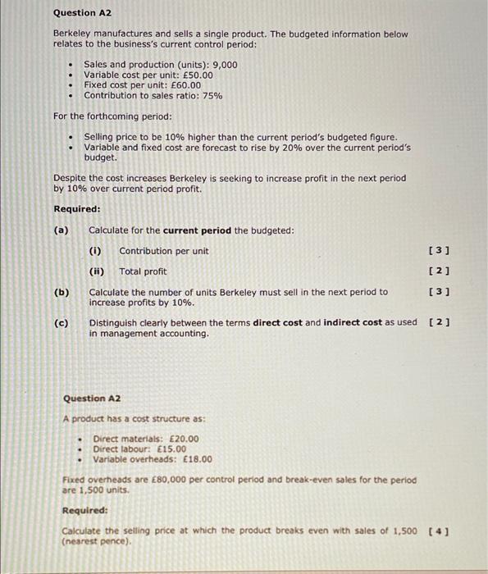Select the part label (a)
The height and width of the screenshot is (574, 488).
coord(61,230)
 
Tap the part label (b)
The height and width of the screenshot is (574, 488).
coord(61,292)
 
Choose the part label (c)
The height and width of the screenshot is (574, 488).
coord(61,323)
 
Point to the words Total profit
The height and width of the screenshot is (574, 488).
coord(143,271)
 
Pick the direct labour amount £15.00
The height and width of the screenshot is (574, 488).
coord(169,449)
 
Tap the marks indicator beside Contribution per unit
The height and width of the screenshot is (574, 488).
coord(440,251)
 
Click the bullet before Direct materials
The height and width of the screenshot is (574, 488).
coord(80,439)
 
